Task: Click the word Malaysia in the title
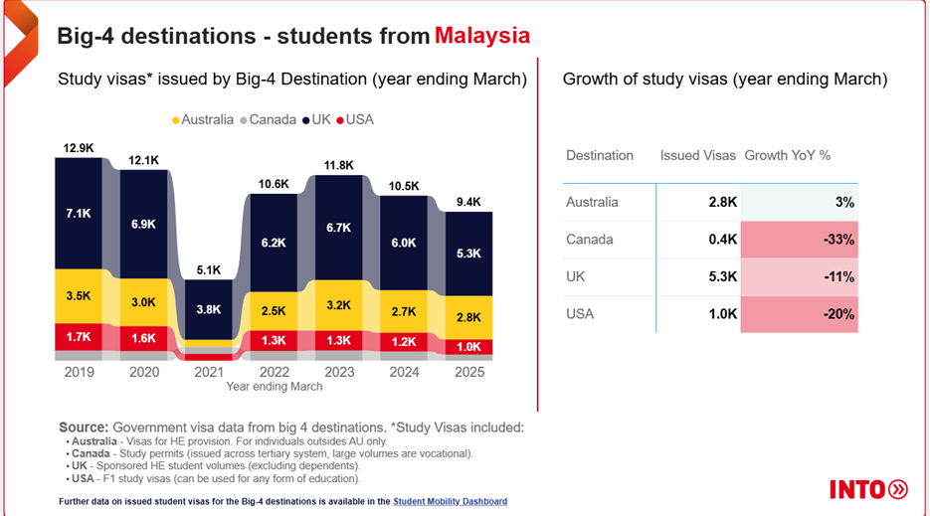[481, 36]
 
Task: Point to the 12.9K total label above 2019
[79, 148]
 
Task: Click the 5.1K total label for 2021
[208, 269]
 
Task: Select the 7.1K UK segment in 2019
[79, 214]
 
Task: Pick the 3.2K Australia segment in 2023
[338, 305]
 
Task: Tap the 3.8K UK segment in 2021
[208, 309]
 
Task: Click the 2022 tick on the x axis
[273, 372]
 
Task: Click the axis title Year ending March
[274, 386]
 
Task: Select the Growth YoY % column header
[787, 155]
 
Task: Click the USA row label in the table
[580, 314]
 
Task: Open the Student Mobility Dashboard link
[450, 501]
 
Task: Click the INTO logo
[868, 488]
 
